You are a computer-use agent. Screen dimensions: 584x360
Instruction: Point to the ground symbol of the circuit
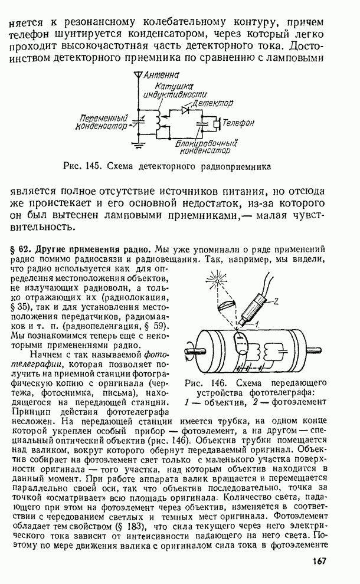click(x=139, y=144)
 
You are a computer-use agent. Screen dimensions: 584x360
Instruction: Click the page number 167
click(x=317, y=562)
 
